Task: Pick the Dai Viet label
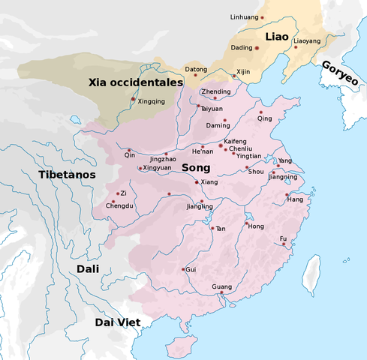click(119, 322)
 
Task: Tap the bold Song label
click(196, 169)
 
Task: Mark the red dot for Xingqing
click(134, 99)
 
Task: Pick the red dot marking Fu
click(284, 244)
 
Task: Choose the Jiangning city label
click(282, 177)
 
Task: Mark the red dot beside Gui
click(182, 269)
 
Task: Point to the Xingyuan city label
click(157, 168)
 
